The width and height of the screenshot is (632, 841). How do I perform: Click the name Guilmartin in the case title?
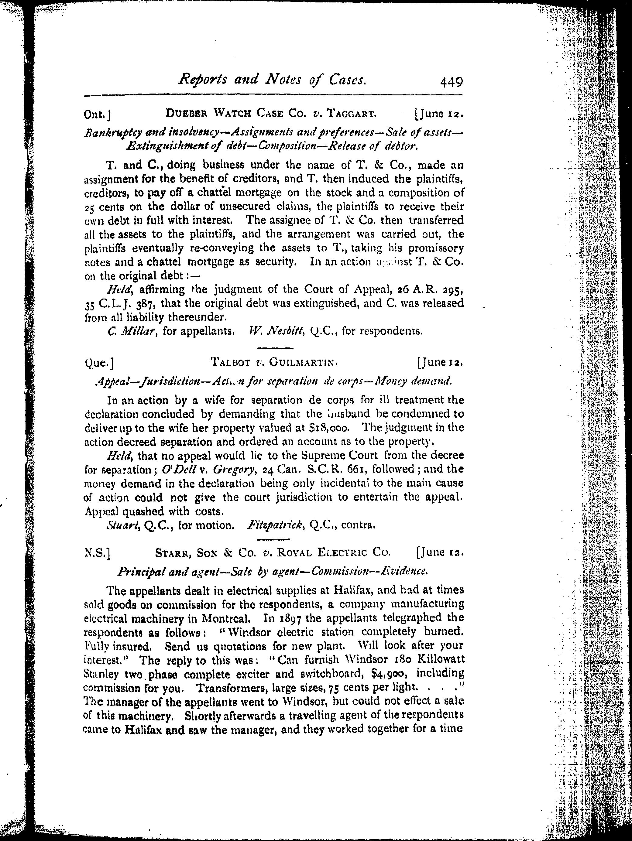tap(303, 363)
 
